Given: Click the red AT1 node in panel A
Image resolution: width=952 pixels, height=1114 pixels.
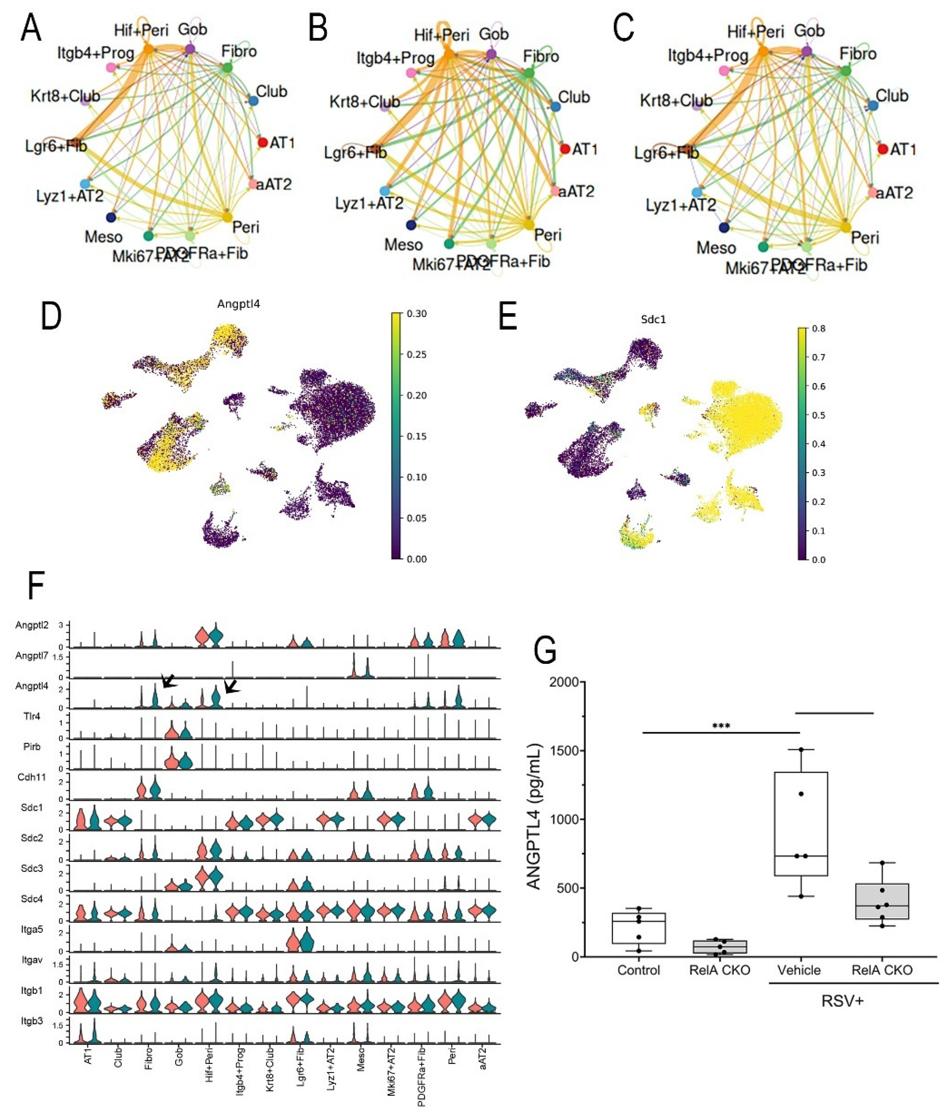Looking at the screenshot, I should click(262, 142).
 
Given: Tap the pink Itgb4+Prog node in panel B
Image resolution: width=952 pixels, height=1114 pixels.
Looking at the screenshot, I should click(412, 73).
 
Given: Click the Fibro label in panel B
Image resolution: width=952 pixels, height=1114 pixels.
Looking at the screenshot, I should click(541, 56).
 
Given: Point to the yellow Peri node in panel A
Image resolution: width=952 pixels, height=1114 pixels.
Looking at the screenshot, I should click(227, 216).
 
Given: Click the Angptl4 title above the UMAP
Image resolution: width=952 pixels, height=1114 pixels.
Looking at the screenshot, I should click(238, 304).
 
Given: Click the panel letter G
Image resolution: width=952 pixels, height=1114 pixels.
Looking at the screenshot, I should click(545, 651).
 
